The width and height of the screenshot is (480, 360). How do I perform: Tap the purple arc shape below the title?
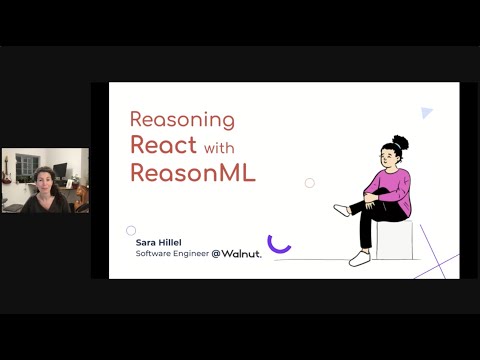[x=279, y=244]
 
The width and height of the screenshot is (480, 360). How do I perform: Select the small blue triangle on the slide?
[x=427, y=114]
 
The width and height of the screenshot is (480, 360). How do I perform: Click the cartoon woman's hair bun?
[x=400, y=142]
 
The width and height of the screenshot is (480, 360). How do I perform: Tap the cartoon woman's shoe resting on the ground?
[x=360, y=259]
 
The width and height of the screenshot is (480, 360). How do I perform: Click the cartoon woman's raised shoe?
[x=342, y=210]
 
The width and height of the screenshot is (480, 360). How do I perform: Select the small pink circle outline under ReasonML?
[x=310, y=183]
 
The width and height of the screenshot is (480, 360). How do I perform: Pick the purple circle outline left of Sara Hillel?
[x=131, y=230]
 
